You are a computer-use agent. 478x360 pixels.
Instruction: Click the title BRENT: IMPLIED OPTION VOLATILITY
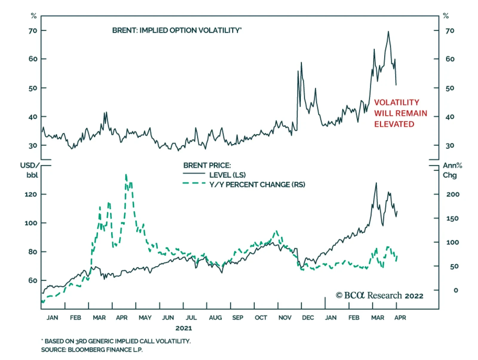(x=177, y=30)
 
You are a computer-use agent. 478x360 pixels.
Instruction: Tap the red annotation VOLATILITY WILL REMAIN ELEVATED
(x=400, y=113)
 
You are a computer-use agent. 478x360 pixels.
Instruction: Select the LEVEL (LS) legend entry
(x=227, y=175)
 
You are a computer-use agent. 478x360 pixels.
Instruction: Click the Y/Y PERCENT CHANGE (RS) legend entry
(x=257, y=185)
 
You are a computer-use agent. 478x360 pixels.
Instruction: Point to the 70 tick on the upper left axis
(x=33, y=30)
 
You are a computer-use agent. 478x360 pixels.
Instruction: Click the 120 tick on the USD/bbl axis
(x=31, y=194)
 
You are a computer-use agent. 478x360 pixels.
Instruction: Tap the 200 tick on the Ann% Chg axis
(x=453, y=194)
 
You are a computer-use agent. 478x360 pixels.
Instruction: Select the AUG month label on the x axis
(x=215, y=318)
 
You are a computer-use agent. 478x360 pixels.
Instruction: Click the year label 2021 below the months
(x=184, y=328)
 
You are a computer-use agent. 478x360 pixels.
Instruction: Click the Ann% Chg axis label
(x=452, y=170)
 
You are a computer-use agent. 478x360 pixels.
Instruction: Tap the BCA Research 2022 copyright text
(x=379, y=295)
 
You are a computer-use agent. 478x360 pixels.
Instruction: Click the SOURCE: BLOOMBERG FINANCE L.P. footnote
(x=92, y=350)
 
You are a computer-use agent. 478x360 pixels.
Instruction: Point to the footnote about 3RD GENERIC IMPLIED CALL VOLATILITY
(x=116, y=341)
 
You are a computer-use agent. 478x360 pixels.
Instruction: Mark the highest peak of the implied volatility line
(x=388, y=31)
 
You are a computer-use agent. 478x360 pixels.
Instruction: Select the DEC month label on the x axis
(x=308, y=318)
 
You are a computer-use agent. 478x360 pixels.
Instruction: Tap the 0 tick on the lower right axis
(x=456, y=290)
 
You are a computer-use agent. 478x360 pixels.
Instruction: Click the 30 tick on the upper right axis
(x=450, y=146)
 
